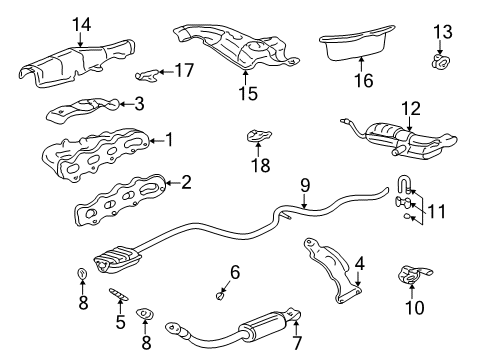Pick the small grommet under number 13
click(440, 64)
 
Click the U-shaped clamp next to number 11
click(403, 185)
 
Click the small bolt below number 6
click(220, 295)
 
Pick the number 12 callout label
click(412, 107)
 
